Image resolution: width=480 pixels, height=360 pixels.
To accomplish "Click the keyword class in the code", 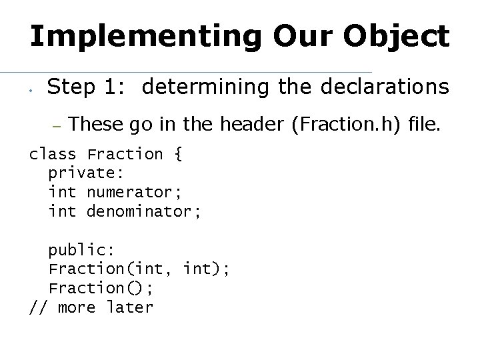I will (53, 155).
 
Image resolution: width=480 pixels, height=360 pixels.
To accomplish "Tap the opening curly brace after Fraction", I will (178, 155).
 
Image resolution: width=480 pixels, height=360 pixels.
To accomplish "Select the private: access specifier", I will (81, 173).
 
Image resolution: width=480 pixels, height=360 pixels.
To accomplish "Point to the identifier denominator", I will (144, 212).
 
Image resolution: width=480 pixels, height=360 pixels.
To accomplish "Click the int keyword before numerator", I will (62, 193).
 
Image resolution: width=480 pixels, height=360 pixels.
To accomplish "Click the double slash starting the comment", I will (38, 307).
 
